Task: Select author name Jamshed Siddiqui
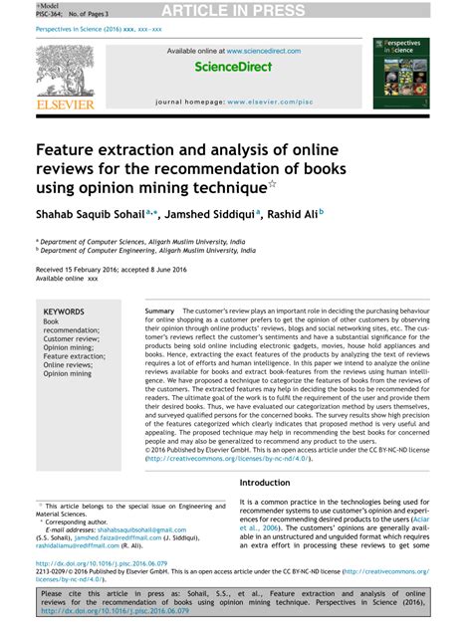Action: point(207,213)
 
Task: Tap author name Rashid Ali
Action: point(296,213)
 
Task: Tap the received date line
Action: point(106,270)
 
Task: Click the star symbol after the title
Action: point(272,183)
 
